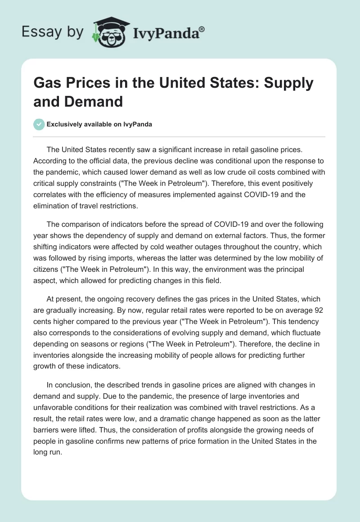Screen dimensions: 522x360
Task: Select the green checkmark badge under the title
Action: click(39, 124)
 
